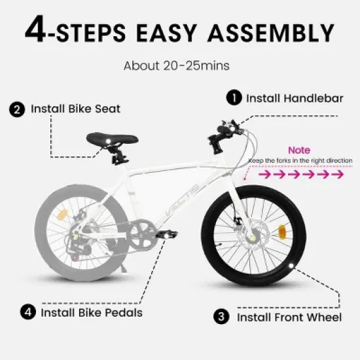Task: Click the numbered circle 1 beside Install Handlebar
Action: [233, 98]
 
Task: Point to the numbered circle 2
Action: [16, 109]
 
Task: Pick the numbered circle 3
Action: [223, 317]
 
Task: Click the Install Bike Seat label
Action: [75, 109]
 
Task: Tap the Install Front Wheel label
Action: [289, 317]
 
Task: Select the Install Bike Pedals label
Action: [92, 312]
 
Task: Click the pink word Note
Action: [299, 150]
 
